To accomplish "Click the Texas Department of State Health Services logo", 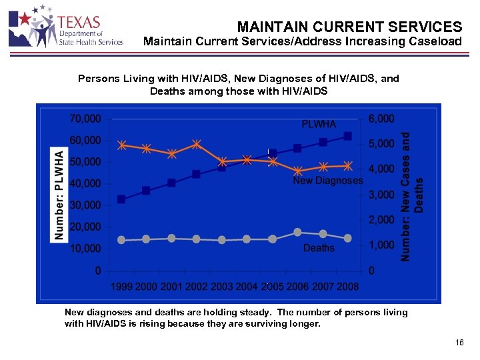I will click(65, 28).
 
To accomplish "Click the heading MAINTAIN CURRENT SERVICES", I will click(349, 27).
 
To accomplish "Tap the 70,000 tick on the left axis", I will click(85, 119).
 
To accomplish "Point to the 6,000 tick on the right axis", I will click(381, 119).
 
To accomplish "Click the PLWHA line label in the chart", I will click(319, 124).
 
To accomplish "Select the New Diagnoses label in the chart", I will click(328, 181).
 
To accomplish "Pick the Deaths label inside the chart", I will click(319, 248).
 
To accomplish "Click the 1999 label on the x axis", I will click(121, 287).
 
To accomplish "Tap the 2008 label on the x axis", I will click(347, 287).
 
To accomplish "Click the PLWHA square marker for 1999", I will click(121, 199).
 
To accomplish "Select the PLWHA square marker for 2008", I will click(347, 136).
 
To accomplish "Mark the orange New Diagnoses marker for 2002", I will click(197, 144).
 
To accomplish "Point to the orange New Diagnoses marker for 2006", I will click(298, 171).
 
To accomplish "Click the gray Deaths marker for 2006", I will click(298, 232).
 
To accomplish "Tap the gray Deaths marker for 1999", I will click(121, 240).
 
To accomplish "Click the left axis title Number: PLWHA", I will click(59, 195).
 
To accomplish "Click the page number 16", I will click(459, 342).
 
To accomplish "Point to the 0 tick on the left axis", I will click(97, 271).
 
